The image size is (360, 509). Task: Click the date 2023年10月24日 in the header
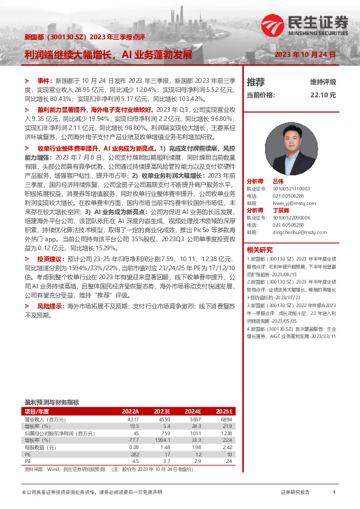305,54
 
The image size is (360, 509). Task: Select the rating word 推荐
256,82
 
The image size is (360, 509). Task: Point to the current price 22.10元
323,95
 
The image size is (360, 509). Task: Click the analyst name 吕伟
278,181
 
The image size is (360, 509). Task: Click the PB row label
28,461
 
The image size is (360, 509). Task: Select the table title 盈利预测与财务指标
51,402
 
